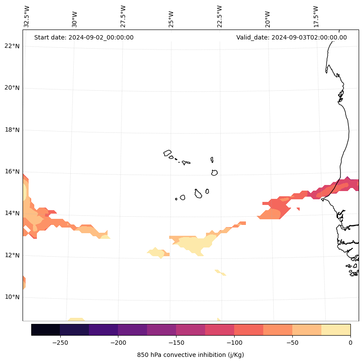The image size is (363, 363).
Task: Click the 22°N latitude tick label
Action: (12, 46)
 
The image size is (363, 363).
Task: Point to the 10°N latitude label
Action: (12, 297)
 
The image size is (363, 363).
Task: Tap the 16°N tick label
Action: (12, 172)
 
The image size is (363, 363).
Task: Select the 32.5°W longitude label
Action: (27, 16)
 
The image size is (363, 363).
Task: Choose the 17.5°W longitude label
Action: (316, 16)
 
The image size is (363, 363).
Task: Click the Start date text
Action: (84, 37)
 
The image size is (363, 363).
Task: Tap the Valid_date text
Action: (291, 37)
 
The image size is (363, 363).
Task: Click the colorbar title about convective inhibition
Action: (190, 355)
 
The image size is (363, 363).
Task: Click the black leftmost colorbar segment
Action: (46, 330)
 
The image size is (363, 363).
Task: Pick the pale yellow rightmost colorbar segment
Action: (336, 330)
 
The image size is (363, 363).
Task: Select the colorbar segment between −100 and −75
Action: (249, 330)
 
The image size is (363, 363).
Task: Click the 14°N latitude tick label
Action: (12, 214)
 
